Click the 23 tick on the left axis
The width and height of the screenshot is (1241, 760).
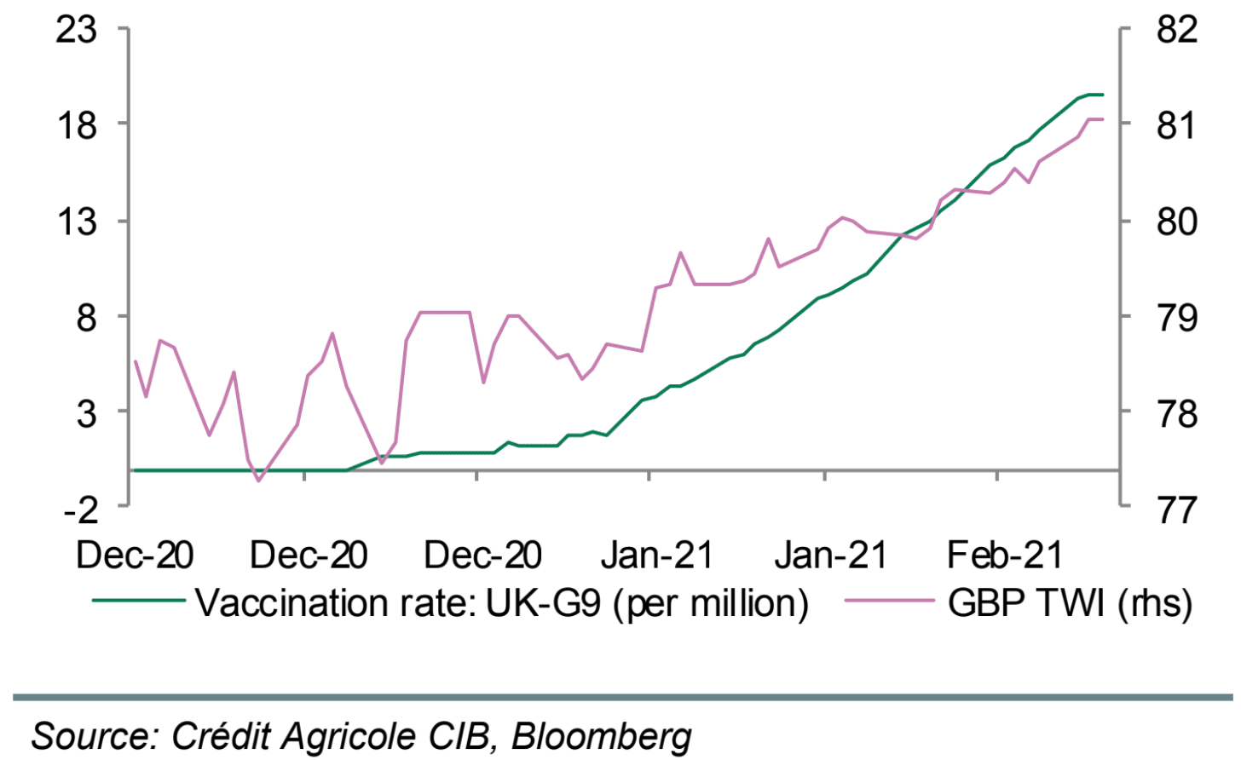(x=76, y=30)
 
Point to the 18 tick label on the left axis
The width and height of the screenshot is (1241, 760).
(x=76, y=125)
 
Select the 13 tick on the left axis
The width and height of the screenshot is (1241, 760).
(x=76, y=222)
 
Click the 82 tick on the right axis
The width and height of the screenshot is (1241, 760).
(x=1177, y=30)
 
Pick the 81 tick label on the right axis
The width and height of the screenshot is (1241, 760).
(x=1177, y=125)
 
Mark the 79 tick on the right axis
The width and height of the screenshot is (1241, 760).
(x=1177, y=318)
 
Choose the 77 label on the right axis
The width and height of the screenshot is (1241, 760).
(x=1177, y=509)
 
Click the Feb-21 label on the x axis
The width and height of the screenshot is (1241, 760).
(x=1005, y=556)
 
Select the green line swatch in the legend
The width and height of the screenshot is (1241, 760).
(x=138, y=601)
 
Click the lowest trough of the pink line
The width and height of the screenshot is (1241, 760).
(x=258, y=481)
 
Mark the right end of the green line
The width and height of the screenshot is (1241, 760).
(x=1103, y=95)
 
